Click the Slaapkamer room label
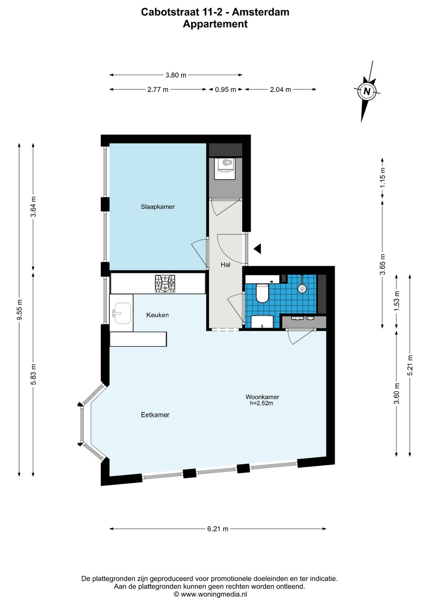click(158, 207)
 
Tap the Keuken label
click(157, 315)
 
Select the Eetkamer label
click(155, 415)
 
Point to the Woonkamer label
click(262, 397)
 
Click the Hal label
click(225, 264)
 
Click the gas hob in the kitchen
click(165, 284)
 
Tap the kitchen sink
click(123, 313)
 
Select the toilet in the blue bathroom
click(262, 293)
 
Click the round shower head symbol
click(302, 289)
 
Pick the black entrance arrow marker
click(257, 249)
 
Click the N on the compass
click(367, 91)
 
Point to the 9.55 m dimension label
click(19, 310)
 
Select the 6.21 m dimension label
click(218, 529)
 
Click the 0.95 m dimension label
click(226, 89)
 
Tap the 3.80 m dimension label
click(176, 75)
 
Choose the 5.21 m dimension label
click(410, 365)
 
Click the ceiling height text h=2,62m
click(261, 403)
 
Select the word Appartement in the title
click(215, 24)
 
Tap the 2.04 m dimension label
click(280, 89)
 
